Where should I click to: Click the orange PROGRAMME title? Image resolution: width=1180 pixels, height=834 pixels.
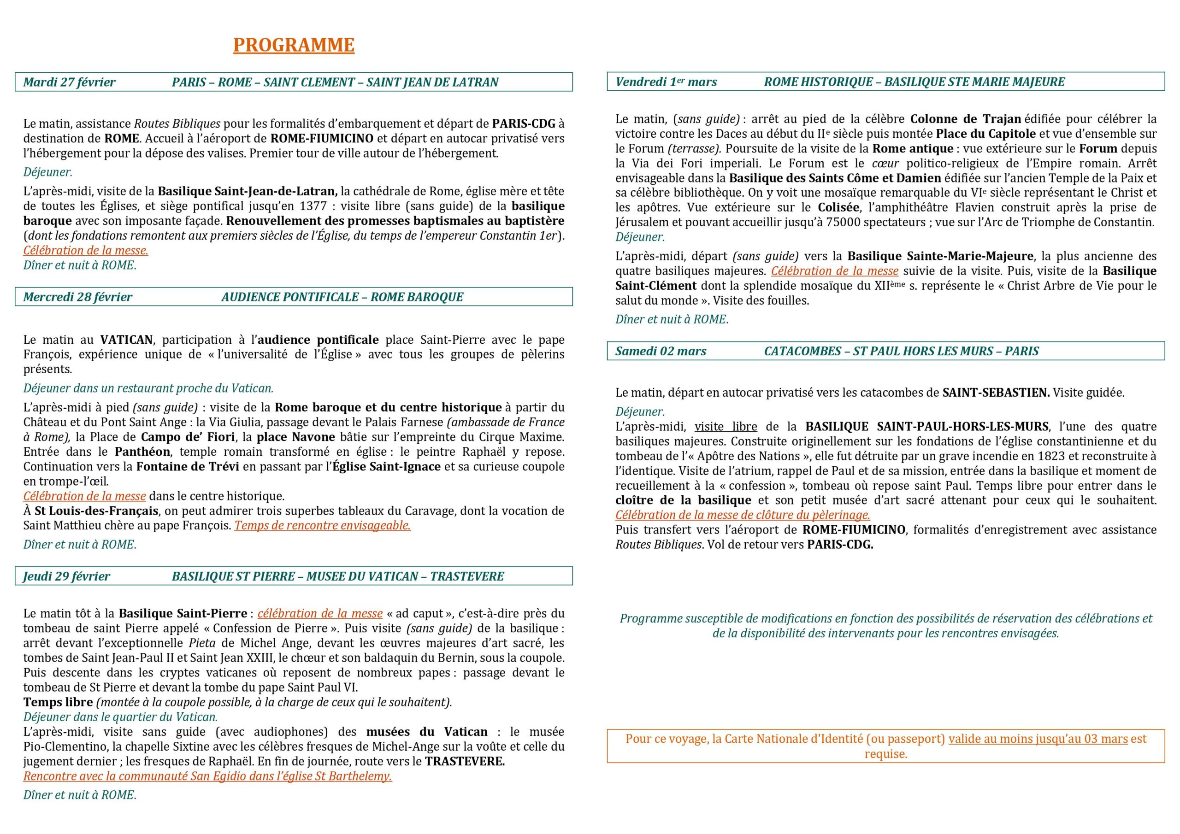294,45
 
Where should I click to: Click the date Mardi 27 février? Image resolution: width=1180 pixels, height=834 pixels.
70,82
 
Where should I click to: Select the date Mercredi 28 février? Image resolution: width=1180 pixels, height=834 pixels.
77,297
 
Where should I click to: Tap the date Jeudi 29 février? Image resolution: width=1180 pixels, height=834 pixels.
66,576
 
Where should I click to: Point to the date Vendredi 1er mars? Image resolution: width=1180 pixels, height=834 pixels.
666,82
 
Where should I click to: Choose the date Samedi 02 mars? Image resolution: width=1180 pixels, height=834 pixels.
661,352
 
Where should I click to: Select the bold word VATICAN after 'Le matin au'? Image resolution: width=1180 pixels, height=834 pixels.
126,340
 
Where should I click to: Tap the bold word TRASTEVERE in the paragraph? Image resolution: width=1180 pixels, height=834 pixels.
465,762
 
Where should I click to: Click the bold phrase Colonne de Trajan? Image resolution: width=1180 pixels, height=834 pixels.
965,119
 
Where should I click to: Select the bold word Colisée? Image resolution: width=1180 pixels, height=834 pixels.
839,208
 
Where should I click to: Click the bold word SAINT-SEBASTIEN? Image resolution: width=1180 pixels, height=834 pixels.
996,393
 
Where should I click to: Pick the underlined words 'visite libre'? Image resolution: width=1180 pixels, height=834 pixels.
726,427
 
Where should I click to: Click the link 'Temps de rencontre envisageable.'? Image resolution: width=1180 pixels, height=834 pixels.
322,526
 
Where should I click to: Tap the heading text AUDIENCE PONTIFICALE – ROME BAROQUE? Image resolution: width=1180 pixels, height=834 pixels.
342,297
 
